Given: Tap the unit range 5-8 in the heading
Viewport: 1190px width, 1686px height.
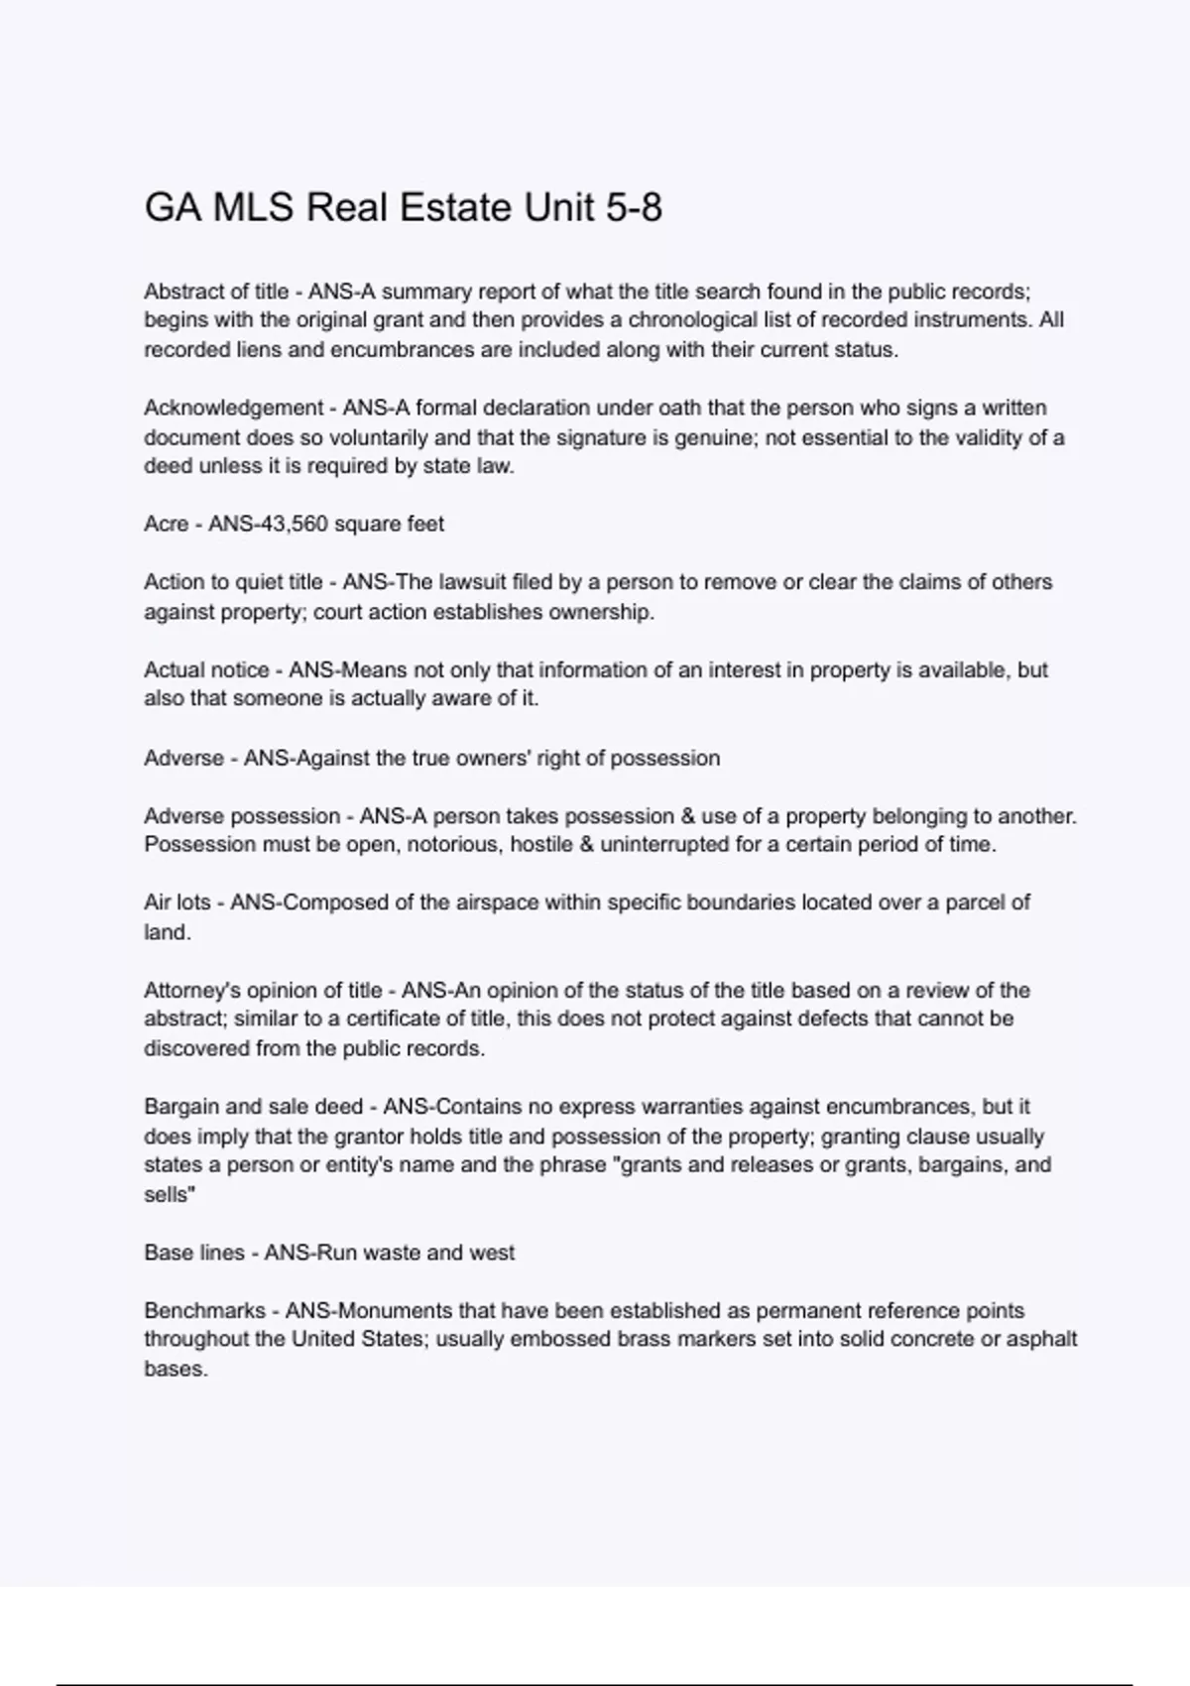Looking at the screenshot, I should tap(632, 207).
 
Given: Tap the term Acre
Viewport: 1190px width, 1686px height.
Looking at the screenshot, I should tap(166, 524).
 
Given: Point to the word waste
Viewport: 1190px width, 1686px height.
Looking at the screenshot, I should tap(392, 1253).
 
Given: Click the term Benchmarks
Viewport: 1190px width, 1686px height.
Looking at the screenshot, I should tap(204, 1310).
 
